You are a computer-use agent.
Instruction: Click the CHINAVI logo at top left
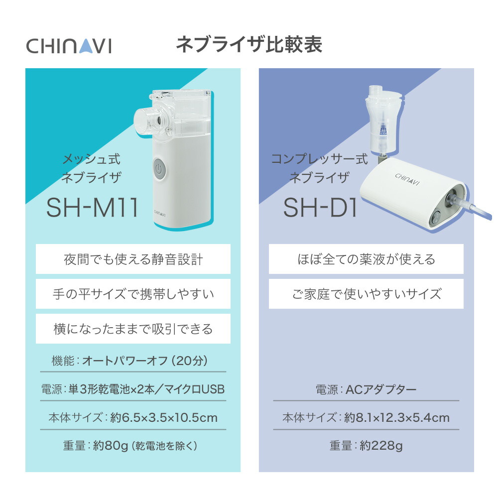[x=69, y=46]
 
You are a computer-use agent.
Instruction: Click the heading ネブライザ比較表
[x=249, y=45]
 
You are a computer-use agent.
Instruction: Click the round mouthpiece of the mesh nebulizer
[x=148, y=120]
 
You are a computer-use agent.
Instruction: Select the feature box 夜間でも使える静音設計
[x=133, y=259]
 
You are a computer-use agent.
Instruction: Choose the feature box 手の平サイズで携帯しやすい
[x=133, y=294]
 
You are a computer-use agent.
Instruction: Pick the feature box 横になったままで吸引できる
[x=133, y=329]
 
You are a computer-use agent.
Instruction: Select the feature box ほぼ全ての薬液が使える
[x=366, y=259]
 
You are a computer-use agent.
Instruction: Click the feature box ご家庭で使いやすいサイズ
[x=366, y=294]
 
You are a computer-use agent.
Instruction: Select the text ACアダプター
[x=381, y=389]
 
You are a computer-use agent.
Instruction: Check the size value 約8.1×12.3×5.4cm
[x=396, y=417]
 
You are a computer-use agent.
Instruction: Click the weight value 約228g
[x=381, y=446]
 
